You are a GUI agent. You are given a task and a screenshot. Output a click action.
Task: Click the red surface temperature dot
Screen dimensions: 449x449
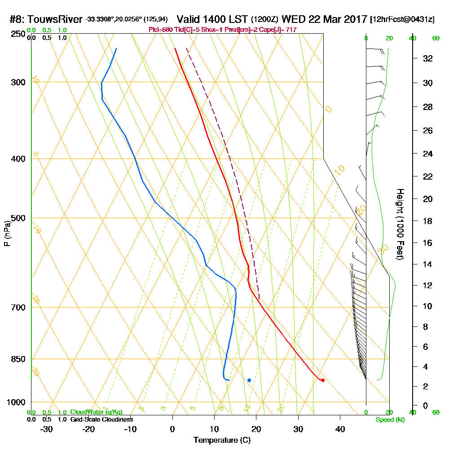(322, 380)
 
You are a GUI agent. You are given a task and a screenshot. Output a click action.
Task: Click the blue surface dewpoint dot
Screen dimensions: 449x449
(249, 380)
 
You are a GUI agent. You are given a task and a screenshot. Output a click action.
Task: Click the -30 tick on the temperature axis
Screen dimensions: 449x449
(47, 429)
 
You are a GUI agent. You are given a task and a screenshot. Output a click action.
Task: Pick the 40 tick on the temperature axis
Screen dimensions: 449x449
(340, 429)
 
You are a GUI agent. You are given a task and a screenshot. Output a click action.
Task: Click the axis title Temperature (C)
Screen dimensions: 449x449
(222, 440)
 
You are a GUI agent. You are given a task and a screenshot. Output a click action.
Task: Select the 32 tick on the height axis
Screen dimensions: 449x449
(427, 58)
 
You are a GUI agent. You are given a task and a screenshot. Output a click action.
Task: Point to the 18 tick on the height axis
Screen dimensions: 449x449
(427, 221)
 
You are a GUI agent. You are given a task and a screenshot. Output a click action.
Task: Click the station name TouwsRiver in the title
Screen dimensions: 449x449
(55, 20)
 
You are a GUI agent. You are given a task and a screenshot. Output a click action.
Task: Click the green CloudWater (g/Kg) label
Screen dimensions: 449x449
(96, 412)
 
